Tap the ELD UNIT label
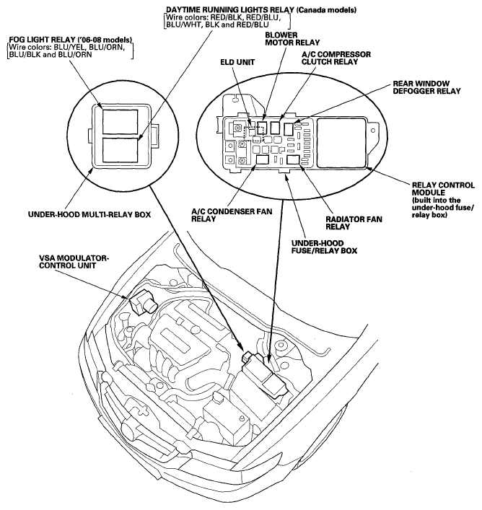pos(237,62)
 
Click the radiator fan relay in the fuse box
pos(294,160)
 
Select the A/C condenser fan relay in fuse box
pos(263,159)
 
